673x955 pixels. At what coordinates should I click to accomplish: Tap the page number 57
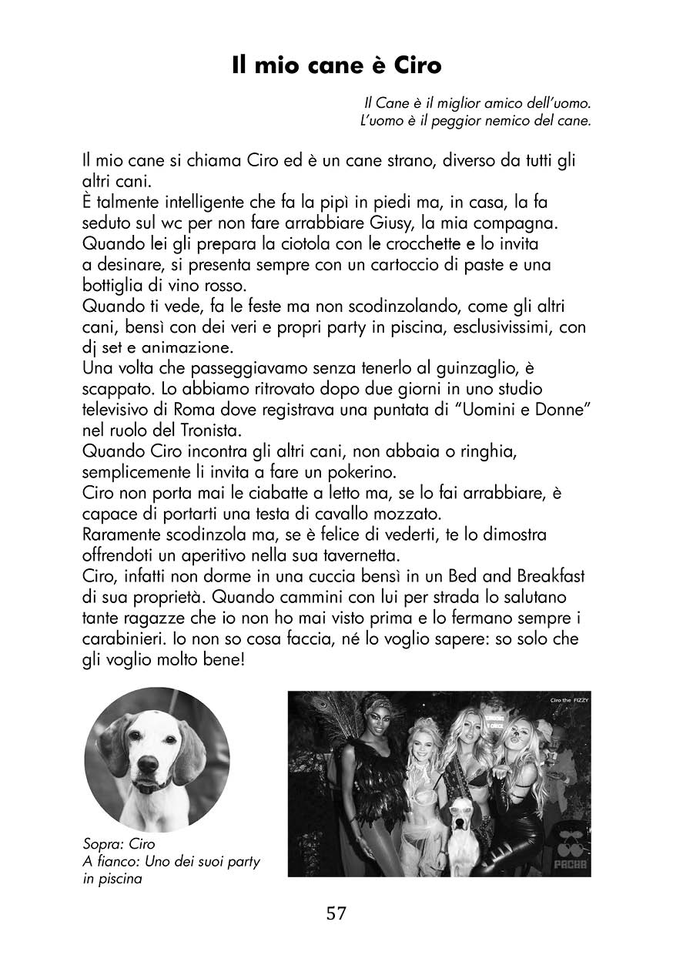point(336,913)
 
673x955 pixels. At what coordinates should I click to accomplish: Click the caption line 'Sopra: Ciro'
point(119,844)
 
